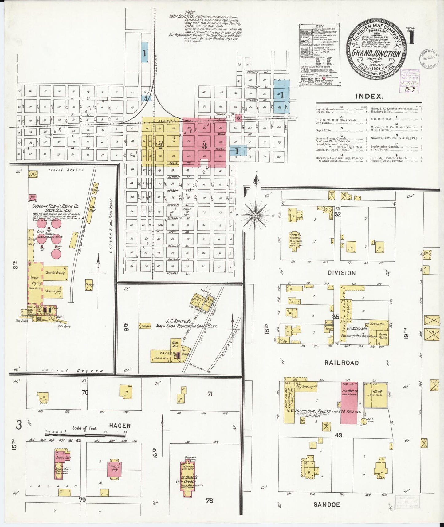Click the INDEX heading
(369, 96)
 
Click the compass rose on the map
(255, 216)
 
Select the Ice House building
(376, 395)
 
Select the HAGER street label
(120, 426)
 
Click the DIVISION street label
(342, 273)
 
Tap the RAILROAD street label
(342, 363)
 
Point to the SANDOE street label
(327, 505)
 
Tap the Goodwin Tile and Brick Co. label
(56, 206)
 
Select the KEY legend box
(320, 56)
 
